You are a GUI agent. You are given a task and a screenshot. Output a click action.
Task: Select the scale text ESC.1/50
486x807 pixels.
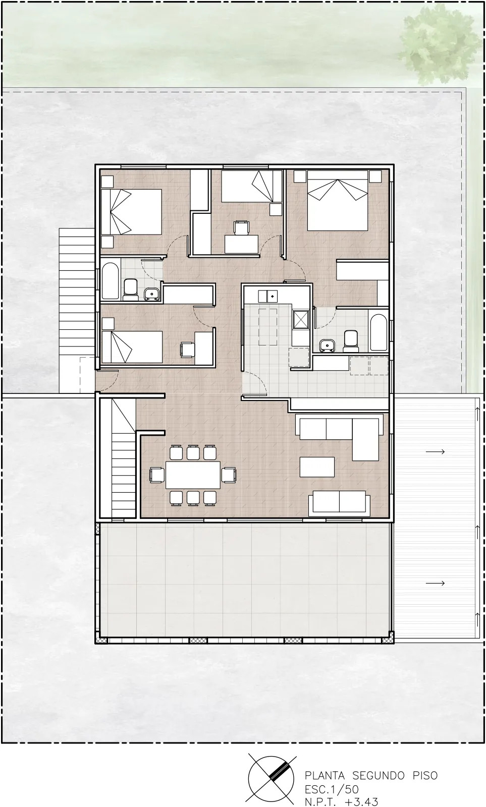332,789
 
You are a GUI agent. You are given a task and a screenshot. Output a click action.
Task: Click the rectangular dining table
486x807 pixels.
193,475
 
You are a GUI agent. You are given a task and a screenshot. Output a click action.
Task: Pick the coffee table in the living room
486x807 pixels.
317,467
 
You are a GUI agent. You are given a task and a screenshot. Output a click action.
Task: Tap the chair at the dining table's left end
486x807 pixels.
157,475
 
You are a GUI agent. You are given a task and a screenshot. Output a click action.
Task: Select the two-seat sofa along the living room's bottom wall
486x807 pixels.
339,503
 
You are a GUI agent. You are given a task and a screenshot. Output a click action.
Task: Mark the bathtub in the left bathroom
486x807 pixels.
110,281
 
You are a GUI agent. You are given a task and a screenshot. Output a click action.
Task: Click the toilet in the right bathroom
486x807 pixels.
351,341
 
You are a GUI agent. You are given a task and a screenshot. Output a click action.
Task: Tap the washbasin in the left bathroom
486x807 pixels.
152,294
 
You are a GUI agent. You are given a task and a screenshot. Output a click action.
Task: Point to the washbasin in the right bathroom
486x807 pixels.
328,345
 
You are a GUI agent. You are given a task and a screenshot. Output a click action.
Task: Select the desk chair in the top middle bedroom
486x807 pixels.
241,227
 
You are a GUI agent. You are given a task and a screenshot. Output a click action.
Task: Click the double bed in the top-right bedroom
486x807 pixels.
337,201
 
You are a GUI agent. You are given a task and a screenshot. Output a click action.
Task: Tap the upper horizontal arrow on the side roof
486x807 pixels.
435,451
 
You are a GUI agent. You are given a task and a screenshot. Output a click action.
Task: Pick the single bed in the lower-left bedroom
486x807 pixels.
132,347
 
